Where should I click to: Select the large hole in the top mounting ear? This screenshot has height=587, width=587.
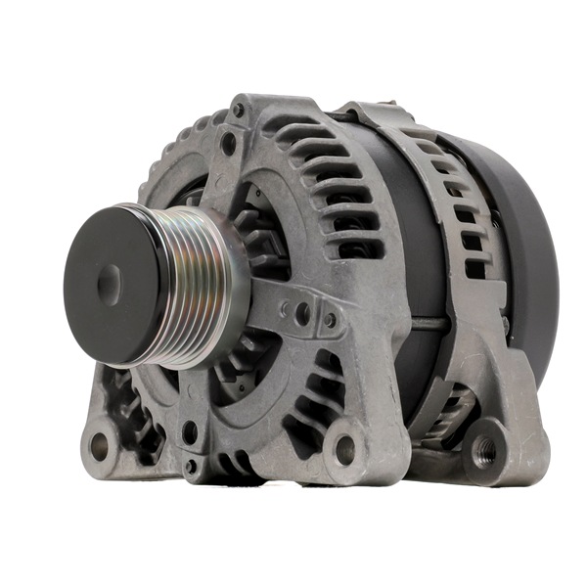click(x=228, y=143)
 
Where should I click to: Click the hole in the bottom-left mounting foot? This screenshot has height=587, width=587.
click(x=99, y=446)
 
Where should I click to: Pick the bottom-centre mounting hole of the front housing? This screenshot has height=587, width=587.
click(x=344, y=449)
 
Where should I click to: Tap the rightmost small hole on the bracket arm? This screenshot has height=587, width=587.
click(x=330, y=319)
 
